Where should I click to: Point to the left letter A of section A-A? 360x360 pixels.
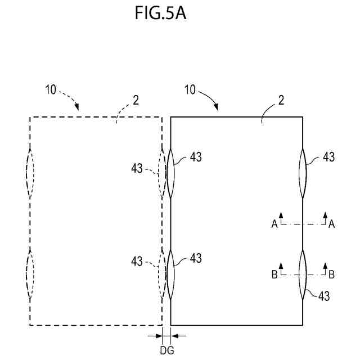(274, 224)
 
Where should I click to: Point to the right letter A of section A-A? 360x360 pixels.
(332, 224)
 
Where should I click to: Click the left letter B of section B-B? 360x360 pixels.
(274, 275)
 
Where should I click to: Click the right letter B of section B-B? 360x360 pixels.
(332, 275)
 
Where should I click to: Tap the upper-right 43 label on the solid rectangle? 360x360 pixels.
(328, 157)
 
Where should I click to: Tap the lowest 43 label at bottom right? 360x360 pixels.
(325, 296)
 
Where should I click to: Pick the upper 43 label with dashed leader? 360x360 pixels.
(137, 168)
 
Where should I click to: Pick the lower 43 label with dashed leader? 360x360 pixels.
(137, 261)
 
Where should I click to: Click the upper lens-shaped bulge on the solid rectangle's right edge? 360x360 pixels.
(303, 173)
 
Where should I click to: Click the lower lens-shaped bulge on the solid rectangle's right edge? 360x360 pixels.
(303, 274)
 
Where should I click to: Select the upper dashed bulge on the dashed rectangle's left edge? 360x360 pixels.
(30, 173)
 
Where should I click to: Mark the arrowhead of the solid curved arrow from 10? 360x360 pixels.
(217, 107)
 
